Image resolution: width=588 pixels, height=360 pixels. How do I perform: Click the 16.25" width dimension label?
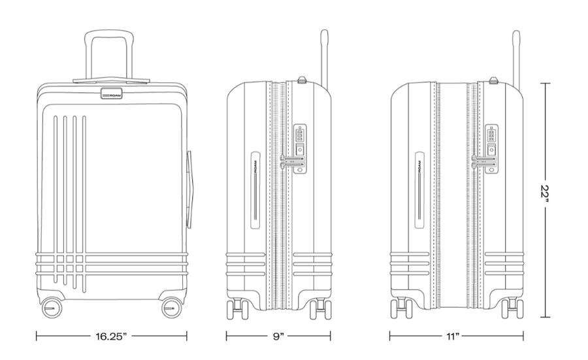111,336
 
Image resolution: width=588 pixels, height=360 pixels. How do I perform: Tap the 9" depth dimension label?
278,336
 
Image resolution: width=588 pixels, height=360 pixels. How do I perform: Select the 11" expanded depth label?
453,336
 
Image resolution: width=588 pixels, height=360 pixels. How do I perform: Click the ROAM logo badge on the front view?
111,93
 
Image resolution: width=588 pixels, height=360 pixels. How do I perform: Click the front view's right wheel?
172,308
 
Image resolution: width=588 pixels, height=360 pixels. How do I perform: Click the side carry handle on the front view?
190,189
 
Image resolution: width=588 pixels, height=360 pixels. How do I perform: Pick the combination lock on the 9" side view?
300,149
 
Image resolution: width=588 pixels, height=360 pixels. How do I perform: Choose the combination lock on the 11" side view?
491,149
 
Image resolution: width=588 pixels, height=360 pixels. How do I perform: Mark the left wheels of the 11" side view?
402,308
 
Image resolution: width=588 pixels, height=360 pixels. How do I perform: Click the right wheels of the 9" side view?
321,308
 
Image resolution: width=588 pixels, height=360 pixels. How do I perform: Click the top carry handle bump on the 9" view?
302,80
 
